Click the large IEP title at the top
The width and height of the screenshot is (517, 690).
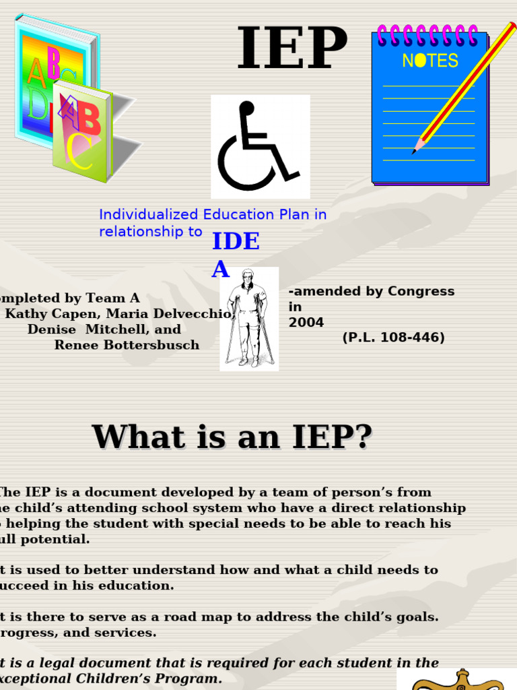[291, 49]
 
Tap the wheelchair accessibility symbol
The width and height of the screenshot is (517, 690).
[260, 146]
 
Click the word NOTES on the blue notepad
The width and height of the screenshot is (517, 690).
[429, 61]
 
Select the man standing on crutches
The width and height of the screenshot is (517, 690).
[249, 319]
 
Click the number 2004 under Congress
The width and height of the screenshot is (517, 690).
[306, 323]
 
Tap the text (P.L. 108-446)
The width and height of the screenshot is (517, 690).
[393, 338]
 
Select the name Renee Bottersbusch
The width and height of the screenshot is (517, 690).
[127, 345]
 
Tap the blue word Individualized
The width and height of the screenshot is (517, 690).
[145, 215]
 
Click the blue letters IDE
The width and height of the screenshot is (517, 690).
[236, 241]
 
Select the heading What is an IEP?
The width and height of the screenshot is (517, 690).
[232, 437]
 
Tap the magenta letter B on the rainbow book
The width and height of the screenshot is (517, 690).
[53, 62]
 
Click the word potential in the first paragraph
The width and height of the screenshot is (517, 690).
[59, 539]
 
